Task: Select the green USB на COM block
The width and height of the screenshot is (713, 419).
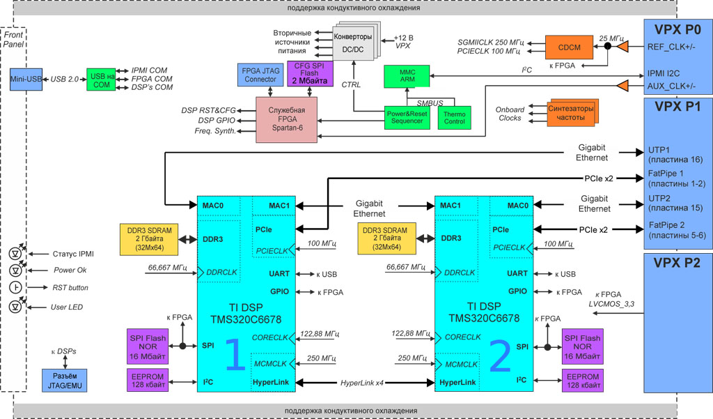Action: pos(100,79)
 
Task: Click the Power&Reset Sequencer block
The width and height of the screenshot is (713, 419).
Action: pos(407,117)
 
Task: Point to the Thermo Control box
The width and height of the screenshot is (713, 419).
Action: pos(454,117)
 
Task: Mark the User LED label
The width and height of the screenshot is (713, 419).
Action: pos(68,307)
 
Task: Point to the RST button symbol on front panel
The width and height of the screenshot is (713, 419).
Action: pos(15,288)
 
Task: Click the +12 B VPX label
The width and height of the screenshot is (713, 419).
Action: pos(403,41)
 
